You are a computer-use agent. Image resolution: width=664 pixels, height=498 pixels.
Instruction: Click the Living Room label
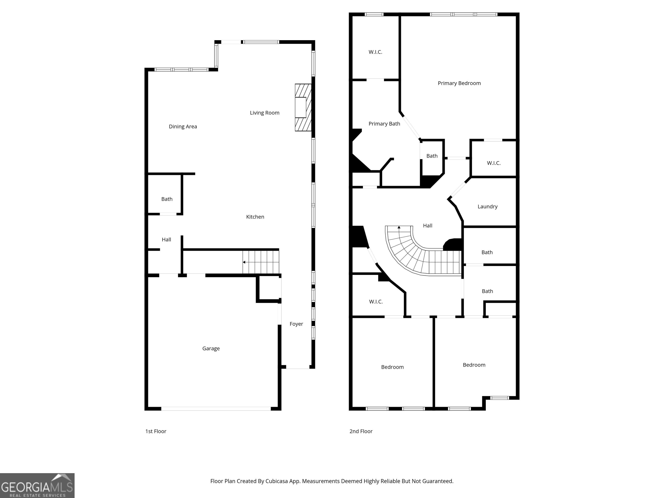click(265, 113)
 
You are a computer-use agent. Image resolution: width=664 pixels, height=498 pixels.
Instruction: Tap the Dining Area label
click(183, 127)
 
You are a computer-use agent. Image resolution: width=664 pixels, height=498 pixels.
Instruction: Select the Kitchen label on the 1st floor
click(255, 217)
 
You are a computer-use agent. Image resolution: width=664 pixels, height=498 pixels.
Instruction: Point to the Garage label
click(211, 348)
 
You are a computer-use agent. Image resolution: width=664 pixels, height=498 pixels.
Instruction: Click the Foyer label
click(296, 324)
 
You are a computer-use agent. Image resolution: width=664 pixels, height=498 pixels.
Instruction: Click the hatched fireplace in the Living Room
click(303, 107)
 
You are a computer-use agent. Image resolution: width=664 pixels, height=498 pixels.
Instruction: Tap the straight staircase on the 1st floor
click(261, 262)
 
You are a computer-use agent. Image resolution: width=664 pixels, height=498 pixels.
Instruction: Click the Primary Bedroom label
click(459, 83)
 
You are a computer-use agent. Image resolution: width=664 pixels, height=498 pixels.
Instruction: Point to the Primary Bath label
click(384, 124)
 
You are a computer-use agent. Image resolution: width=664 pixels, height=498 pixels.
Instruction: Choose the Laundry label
click(487, 206)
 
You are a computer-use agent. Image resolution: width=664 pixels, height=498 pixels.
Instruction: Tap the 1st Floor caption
click(156, 431)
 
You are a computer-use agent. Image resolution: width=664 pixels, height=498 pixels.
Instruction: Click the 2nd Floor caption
click(361, 431)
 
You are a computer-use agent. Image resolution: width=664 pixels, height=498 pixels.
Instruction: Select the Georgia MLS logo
click(37, 485)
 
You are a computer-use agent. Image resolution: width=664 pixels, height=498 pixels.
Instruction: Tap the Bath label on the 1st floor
click(167, 199)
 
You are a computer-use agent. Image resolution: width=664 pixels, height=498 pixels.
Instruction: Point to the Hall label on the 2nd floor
click(428, 226)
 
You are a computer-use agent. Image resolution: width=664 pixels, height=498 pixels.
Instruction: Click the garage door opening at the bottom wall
click(216, 409)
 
